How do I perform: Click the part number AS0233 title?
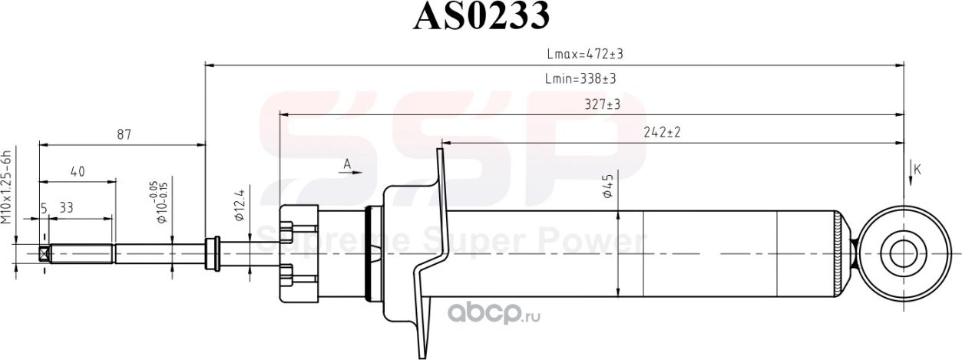coord(481,17)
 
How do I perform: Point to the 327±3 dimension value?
coord(602,104)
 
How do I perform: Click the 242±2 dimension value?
coord(663,133)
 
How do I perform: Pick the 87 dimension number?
coord(124,134)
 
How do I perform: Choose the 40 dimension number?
coord(77,172)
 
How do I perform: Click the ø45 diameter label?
coord(607,187)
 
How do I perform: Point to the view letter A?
coord(347,164)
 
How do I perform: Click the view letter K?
coord(917,170)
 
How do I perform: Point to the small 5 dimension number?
coord(44,207)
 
